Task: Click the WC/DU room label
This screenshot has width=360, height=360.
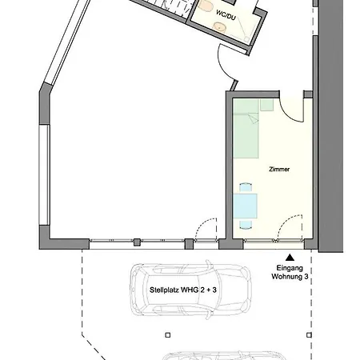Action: point(226,15)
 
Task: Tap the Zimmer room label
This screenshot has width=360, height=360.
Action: point(279,169)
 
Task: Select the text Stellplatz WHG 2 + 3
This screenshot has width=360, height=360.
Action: point(183,290)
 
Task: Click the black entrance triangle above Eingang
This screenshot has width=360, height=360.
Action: point(290,258)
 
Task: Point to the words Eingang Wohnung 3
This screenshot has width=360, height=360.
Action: point(290,272)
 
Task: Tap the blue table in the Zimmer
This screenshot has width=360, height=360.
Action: point(245,206)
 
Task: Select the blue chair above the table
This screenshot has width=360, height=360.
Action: point(246,187)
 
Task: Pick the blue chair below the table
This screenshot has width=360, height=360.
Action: point(246,225)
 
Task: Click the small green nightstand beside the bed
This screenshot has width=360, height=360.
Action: point(267,105)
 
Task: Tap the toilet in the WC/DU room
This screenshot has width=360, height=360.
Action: point(206,6)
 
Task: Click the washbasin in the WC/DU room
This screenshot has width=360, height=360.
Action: point(219,27)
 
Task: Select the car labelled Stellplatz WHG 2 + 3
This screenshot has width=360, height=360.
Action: point(191,290)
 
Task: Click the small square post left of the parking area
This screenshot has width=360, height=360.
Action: point(168,335)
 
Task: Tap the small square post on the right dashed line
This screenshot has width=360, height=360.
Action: point(309,335)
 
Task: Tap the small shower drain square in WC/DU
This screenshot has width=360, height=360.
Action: point(247,39)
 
